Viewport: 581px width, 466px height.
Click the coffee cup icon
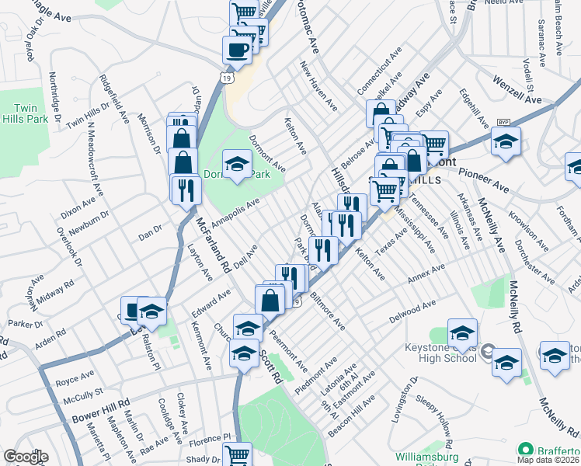tap(237, 49)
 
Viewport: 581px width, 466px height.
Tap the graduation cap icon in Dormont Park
tap(237, 164)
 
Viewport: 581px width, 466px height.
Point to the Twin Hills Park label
tap(33, 113)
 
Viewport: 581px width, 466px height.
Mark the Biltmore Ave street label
tap(327, 312)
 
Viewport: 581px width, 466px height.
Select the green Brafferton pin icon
tap(526, 450)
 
